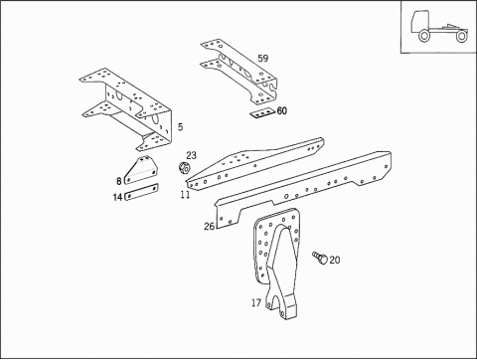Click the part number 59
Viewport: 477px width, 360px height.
263,60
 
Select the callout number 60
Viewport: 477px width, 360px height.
282,110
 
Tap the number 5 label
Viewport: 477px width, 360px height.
180,127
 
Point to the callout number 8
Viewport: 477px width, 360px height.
118,181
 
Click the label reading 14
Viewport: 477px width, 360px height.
117,197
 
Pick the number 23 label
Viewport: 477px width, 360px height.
191,155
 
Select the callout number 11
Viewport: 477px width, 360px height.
185,195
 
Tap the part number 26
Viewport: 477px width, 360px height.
209,227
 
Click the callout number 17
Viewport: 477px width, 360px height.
256,302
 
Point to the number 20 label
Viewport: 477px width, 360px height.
334,260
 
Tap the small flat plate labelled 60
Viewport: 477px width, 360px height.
261,113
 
